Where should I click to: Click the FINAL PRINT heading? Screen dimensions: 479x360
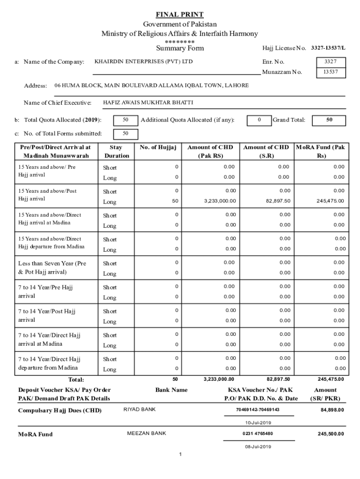point(180,15)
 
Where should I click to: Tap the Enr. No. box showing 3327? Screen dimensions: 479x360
point(330,62)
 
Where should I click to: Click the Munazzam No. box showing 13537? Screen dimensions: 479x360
point(330,73)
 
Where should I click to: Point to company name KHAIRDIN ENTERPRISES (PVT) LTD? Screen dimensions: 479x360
point(143,62)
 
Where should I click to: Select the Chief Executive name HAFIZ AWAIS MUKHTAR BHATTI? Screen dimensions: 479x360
point(148,102)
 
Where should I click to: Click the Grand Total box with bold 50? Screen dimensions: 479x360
point(329,120)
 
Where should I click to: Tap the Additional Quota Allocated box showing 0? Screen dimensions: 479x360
point(259,120)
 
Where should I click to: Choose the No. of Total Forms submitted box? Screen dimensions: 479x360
point(125,134)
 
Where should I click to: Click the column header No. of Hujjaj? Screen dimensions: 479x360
point(158,147)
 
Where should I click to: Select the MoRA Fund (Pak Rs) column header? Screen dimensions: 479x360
point(321,151)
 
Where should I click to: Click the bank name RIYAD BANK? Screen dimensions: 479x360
point(139,410)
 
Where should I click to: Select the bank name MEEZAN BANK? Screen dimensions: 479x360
point(146,434)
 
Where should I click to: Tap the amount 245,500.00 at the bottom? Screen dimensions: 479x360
point(331,434)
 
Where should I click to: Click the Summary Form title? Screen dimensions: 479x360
point(180,48)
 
